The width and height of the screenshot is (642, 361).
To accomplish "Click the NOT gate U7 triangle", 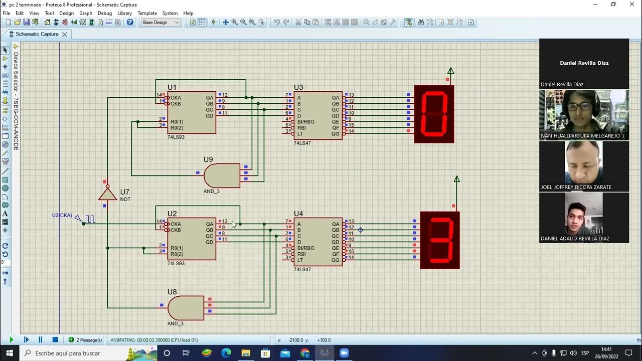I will coord(107,194).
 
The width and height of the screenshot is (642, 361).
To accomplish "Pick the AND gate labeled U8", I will coord(186,308).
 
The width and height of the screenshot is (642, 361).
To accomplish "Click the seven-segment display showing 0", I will coord(434,114).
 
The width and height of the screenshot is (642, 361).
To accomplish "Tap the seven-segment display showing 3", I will coord(440,240).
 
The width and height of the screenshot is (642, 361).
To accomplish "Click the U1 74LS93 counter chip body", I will coord(192,112).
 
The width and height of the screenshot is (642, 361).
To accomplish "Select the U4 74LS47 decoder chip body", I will coord(318,241).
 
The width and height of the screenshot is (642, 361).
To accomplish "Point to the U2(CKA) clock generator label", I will coord(62,216).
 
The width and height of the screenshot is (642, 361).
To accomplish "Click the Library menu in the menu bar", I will coord(124,13).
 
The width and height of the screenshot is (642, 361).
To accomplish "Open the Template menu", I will coord(147,13).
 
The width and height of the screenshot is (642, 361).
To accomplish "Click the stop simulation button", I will coord(55,339).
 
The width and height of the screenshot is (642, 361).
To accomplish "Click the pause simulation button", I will coord(41,339).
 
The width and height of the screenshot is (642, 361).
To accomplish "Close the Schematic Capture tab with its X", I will coord(64,34).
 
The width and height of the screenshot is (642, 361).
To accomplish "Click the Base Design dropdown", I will coord(160,23).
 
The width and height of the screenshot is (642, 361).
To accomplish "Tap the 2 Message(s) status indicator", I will coord(85,340).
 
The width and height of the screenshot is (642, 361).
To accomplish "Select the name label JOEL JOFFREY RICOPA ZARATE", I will coord(576,187).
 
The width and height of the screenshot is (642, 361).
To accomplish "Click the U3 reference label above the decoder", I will coord(298,88).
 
